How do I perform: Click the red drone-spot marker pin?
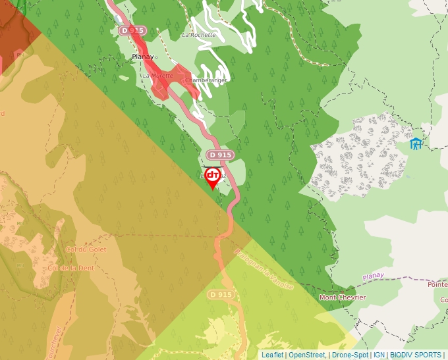coord(213,177)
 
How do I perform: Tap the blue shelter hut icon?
coord(416,143)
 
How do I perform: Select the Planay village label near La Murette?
coord(142,57)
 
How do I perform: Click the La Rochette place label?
coord(198,35)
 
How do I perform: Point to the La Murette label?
coord(158,76)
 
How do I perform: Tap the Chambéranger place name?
coord(206,80)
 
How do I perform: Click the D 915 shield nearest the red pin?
coord(219,155)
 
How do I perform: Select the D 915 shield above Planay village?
coord(132,31)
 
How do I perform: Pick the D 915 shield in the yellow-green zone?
coord(221,294)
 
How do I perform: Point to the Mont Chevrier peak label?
coord(343,297)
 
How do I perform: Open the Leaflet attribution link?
coord(272,355)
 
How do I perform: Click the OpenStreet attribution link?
coord(307,355)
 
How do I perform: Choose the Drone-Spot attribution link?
coord(350,355)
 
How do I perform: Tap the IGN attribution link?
coord(379,355)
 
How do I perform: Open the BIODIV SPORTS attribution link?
coord(416,355)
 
